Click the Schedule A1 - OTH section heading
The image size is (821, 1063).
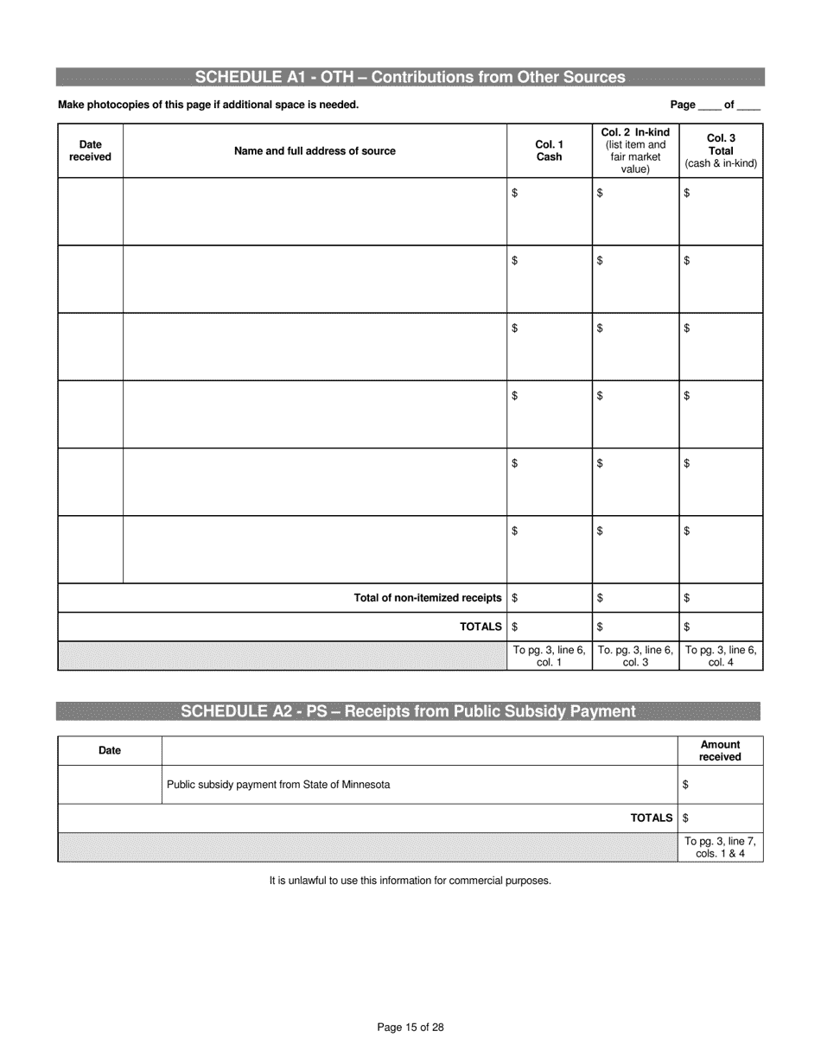pos(410,78)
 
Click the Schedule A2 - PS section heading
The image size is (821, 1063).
pos(408,711)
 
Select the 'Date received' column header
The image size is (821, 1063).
pos(90,151)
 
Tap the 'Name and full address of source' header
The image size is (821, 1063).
pos(315,151)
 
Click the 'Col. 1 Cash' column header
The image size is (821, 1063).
pos(549,151)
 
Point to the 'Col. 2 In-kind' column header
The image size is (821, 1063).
pos(635,151)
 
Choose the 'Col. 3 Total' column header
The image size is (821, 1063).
pos(721,151)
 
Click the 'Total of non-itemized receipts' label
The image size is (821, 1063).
pos(428,598)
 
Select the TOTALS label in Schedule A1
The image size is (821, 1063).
pos(481,627)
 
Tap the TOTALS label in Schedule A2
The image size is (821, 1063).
pos(652,818)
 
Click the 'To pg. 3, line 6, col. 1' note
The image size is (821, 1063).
pos(549,656)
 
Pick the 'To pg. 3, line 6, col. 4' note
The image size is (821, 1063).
pos(721,656)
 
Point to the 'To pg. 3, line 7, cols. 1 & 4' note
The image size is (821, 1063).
pos(720,848)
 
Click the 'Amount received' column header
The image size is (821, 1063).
pos(720,750)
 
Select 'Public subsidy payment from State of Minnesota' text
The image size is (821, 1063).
pos(278,785)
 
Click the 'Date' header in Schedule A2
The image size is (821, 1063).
pos(110,750)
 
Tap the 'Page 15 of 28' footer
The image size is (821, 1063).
pos(410,1028)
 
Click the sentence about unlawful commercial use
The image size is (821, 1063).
pos(410,881)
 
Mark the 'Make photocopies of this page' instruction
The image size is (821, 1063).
pos(208,105)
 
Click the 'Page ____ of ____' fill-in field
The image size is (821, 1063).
pos(715,105)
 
